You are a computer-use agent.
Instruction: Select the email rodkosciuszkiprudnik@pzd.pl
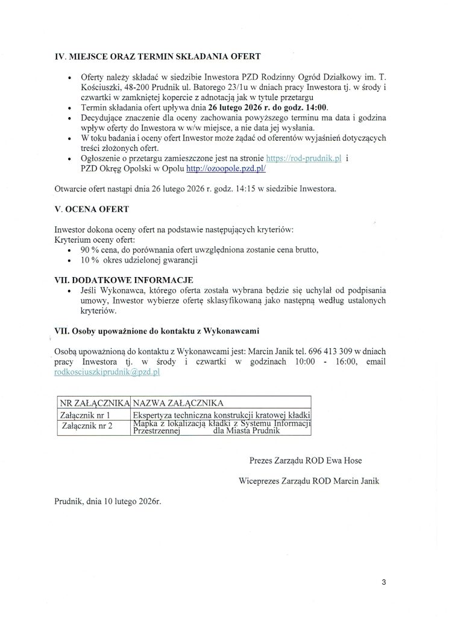click(x=107, y=373)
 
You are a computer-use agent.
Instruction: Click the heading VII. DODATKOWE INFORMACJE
click(x=124, y=280)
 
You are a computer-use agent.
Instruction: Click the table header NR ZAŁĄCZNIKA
click(x=94, y=402)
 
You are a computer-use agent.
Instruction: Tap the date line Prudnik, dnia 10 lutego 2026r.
click(x=108, y=501)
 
